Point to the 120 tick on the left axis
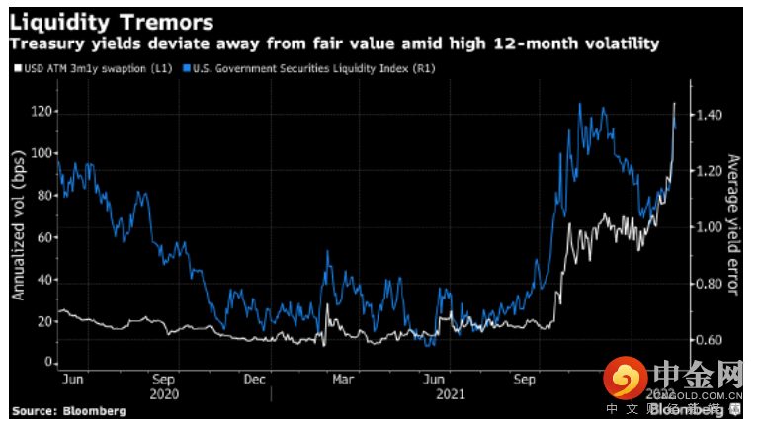41,112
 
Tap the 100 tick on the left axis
41,153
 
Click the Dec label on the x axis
254,380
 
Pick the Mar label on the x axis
344,380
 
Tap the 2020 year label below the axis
165,393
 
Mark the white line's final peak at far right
675,103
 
